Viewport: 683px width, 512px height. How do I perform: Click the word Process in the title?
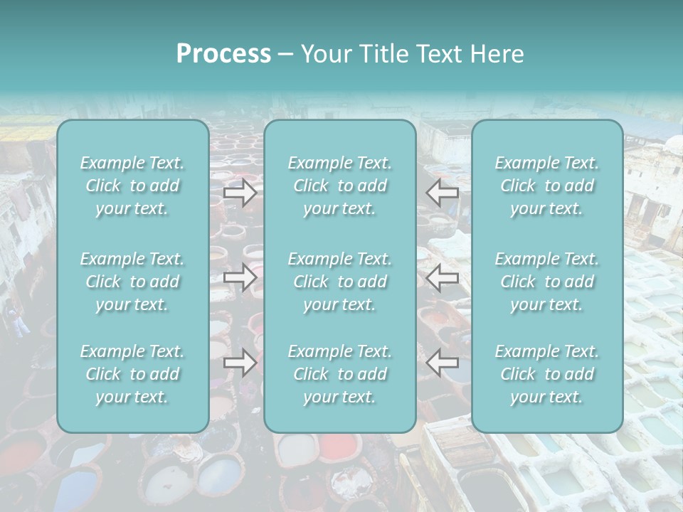pos(223,54)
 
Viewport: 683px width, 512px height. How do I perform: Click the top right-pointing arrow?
pos(240,193)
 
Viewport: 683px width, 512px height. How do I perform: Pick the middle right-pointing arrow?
pos(240,277)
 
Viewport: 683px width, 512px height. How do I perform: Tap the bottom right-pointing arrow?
pos(240,363)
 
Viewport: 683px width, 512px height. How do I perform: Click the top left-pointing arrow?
pos(442,192)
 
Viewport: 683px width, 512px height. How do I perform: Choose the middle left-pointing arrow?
pos(442,277)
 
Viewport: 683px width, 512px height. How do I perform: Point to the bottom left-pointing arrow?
pos(442,363)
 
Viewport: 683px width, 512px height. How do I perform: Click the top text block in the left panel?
pos(132,186)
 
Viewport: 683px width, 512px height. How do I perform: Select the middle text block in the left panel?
pos(132,282)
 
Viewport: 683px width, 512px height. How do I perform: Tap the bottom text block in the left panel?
pos(132,374)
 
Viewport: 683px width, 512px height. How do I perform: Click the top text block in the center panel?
pos(339,186)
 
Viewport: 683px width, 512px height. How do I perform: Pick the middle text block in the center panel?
pos(339,282)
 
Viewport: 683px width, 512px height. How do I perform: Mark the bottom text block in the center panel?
pos(339,374)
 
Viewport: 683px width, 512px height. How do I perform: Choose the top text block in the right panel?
pos(546,186)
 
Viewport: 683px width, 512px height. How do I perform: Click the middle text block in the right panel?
pos(546,282)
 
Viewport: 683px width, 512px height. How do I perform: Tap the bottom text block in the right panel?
pos(546,374)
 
